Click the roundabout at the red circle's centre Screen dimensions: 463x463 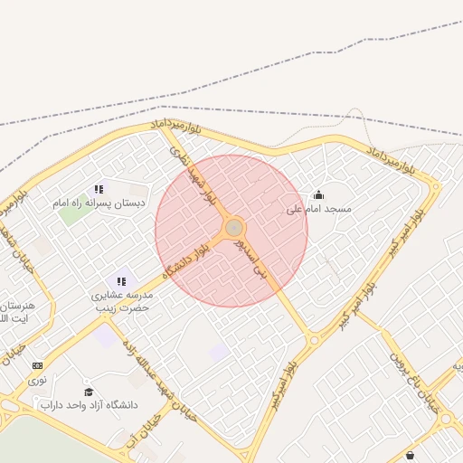pyautogui.click(x=233, y=227)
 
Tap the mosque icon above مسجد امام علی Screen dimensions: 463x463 pyautogui.click(x=318, y=194)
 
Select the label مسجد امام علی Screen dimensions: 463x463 pyautogui.click(x=318, y=209)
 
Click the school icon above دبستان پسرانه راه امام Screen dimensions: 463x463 pyautogui.click(x=99, y=189)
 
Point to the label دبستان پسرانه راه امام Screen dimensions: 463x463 pyautogui.click(x=99, y=203)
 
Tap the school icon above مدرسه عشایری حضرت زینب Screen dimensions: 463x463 pyautogui.click(x=121, y=282)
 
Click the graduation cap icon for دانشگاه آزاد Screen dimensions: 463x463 pyautogui.click(x=89, y=391)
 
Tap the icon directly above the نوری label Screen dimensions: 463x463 pyautogui.click(x=37, y=365)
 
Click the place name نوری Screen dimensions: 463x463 pyautogui.click(x=37, y=380)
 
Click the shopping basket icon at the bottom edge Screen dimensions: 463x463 pyautogui.click(x=411, y=456)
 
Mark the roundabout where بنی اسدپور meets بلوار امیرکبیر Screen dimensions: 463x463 pyautogui.click(x=314, y=341)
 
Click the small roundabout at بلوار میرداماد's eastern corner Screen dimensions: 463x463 pyautogui.click(x=436, y=188)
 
